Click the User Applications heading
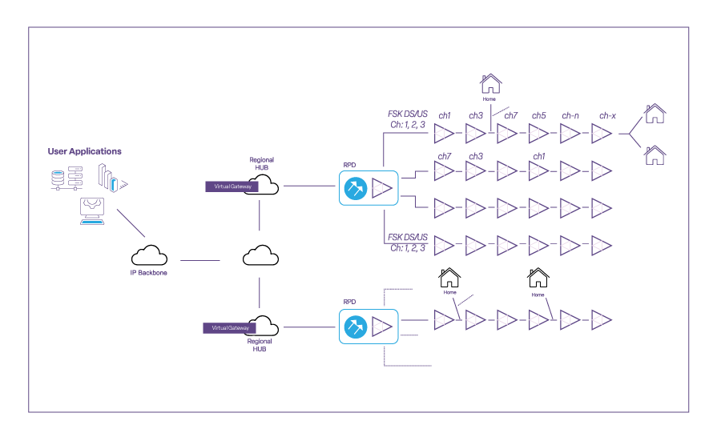pyautogui.click(x=84, y=151)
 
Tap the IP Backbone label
pyautogui.click(x=149, y=273)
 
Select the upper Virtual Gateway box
pyautogui.click(x=232, y=186)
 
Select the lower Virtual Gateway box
pyautogui.click(x=229, y=328)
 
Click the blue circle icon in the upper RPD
pyautogui.click(x=355, y=189)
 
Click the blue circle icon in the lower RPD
pyautogui.click(x=355, y=327)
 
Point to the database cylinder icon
pyautogui.click(x=57, y=179)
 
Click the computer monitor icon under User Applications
pyautogui.click(x=91, y=210)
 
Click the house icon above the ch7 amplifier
pyautogui.click(x=490, y=83)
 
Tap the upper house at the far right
pyautogui.click(x=655, y=114)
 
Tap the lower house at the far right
pyautogui.click(x=655, y=154)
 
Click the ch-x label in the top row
pyautogui.click(x=607, y=116)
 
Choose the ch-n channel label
pyautogui.click(x=570, y=116)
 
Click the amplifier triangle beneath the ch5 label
pyautogui.click(x=539, y=134)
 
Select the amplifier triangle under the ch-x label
pyautogui.click(x=602, y=134)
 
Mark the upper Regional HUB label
pyautogui.click(x=261, y=164)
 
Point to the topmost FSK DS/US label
pyautogui.click(x=408, y=114)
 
